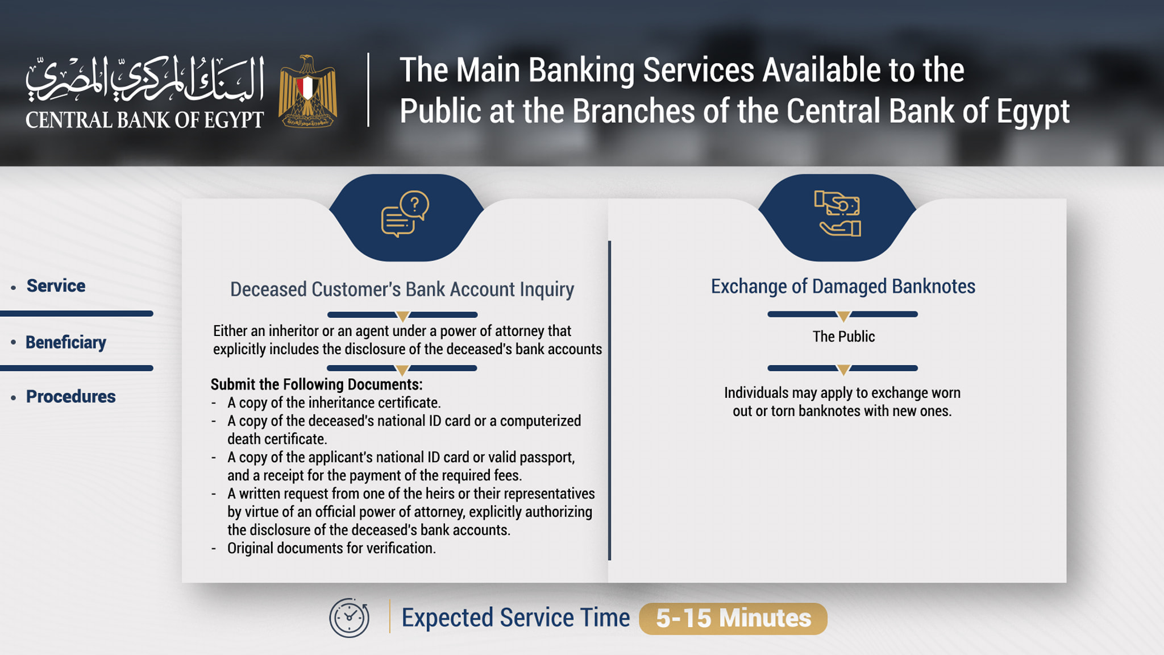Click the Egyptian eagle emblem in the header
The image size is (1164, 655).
click(x=307, y=91)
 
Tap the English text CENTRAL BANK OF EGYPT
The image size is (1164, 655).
click(x=144, y=120)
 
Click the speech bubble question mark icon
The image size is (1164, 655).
click(x=405, y=214)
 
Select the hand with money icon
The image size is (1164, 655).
click(x=838, y=213)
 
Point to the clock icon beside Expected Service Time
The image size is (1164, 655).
click(x=349, y=617)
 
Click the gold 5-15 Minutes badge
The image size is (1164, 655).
click(x=733, y=619)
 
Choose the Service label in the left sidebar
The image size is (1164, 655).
click(x=56, y=285)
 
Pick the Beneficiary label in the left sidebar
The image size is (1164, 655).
click(x=66, y=342)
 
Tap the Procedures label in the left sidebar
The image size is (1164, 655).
click(x=71, y=396)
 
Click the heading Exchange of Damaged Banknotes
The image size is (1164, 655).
click(x=843, y=286)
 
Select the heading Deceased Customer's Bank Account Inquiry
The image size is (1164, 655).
click(x=402, y=289)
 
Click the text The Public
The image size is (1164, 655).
click(x=843, y=337)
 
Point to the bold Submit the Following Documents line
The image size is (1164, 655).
click(x=317, y=384)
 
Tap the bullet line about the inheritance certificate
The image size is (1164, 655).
click(x=334, y=403)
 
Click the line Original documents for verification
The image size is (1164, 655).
click(x=331, y=548)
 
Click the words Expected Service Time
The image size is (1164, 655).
click(x=516, y=617)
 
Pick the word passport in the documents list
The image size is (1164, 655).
click(x=546, y=458)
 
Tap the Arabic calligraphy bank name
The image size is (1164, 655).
click(x=145, y=80)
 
